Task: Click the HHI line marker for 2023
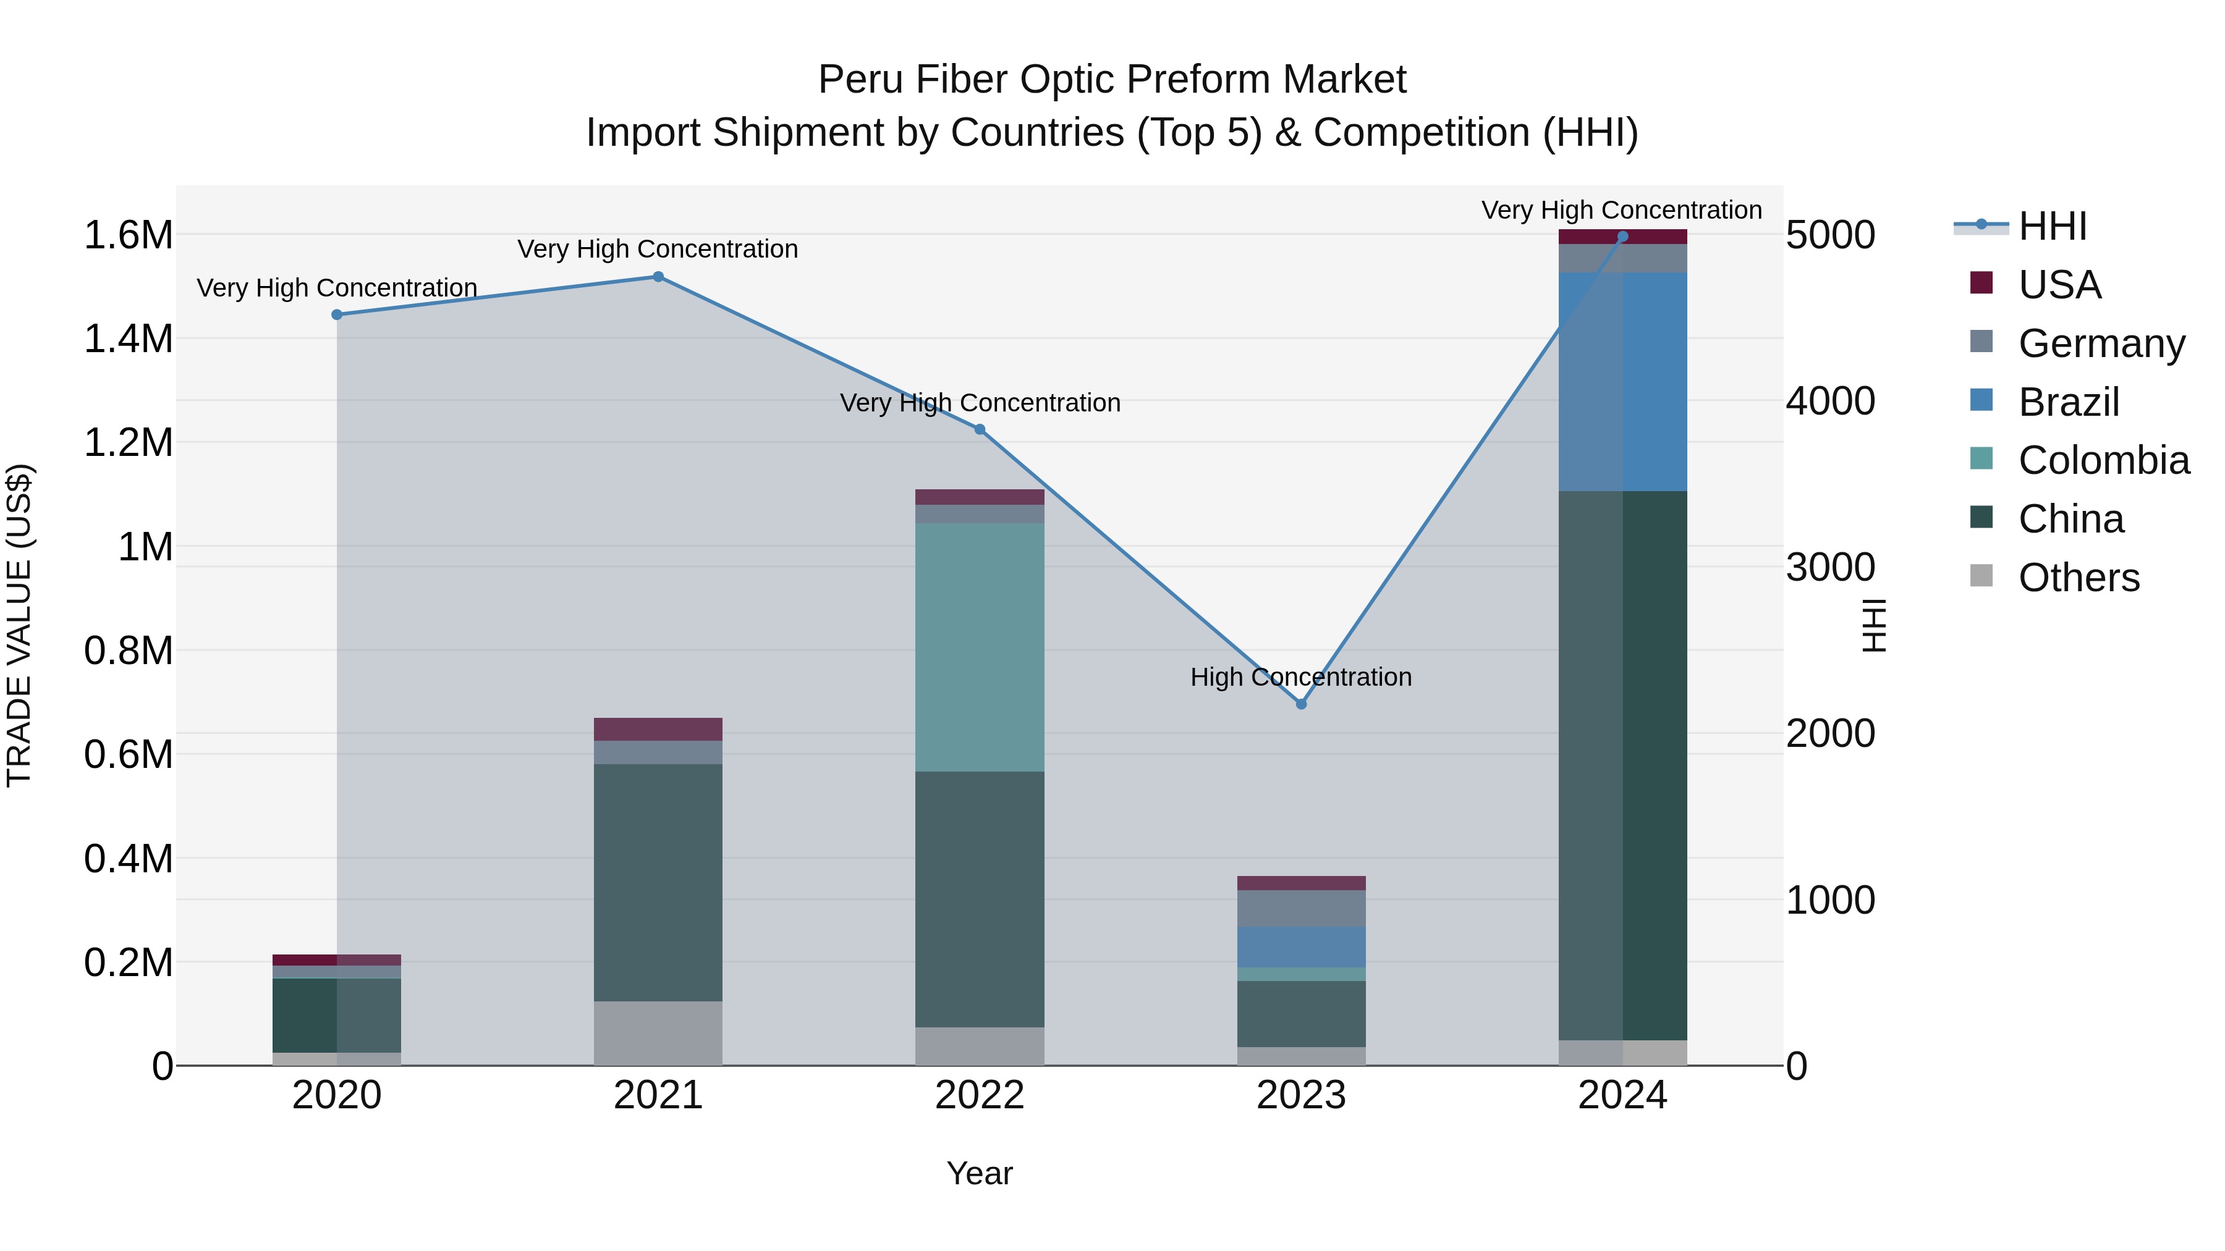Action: (x=1301, y=704)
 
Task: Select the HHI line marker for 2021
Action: (x=658, y=277)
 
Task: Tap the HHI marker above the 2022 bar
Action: (x=980, y=429)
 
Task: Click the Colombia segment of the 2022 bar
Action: (x=980, y=647)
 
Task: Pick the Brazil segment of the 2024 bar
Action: (x=1622, y=382)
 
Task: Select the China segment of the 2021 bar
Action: (x=658, y=882)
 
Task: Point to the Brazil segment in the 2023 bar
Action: (x=1301, y=947)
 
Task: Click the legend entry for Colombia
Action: (x=2103, y=460)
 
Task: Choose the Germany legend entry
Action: (x=2101, y=343)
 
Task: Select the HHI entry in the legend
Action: (x=2051, y=226)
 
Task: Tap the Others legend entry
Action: (x=2078, y=578)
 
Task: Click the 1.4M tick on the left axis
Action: (x=128, y=339)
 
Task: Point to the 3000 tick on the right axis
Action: (x=1830, y=567)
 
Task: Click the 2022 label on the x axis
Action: (x=980, y=1095)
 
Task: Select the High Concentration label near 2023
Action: (x=1301, y=677)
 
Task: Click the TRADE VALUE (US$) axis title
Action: (x=19, y=625)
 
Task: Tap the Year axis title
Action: (x=980, y=1173)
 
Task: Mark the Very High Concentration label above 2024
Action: (x=1621, y=210)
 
